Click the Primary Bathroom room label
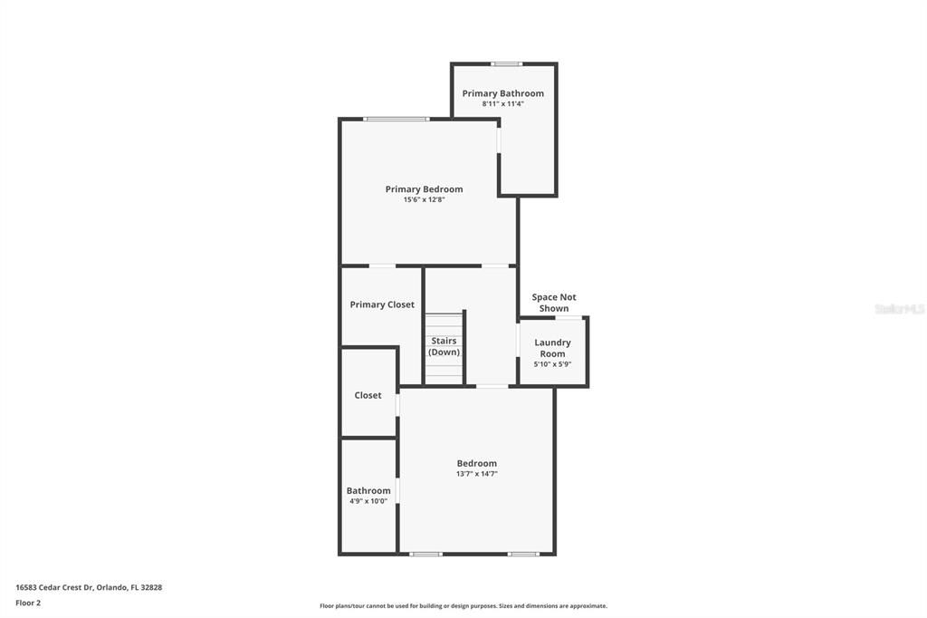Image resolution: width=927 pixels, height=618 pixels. (x=502, y=93)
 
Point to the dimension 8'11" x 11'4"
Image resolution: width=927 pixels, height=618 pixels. (x=502, y=103)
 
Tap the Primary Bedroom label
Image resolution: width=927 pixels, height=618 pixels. (x=424, y=189)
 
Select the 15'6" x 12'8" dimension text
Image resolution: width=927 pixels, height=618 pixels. (x=424, y=200)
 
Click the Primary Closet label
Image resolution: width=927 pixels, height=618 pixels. (x=382, y=304)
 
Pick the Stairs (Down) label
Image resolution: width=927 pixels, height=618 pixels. (x=444, y=346)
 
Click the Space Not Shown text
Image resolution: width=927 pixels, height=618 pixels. (x=554, y=303)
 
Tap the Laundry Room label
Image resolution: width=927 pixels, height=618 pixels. (x=552, y=348)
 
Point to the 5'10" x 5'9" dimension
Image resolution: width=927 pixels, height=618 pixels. (x=552, y=364)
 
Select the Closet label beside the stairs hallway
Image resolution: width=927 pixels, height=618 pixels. (x=368, y=395)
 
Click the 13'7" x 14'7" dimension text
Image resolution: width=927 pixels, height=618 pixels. (x=476, y=474)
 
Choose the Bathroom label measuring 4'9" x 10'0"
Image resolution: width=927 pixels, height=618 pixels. (x=368, y=491)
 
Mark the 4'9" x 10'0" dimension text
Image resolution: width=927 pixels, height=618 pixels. (x=368, y=501)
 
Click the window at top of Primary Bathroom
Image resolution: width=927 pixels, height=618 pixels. (x=507, y=64)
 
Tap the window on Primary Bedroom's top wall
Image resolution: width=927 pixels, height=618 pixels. (x=397, y=119)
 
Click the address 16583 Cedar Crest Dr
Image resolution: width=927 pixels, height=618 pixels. (x=53, y=587)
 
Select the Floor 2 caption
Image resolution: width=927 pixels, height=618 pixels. (x=28, y=604)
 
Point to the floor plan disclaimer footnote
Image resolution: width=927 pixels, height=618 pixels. (x=463, y=606)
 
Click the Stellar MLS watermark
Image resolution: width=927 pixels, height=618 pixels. (x=900, y=309)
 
